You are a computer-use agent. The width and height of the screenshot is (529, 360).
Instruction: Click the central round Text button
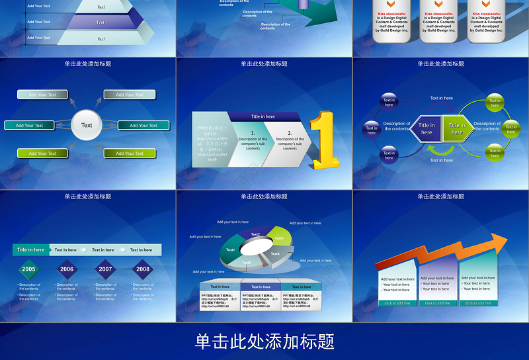coord(87,125)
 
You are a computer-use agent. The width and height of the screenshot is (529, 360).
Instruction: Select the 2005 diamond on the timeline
coord(28,269)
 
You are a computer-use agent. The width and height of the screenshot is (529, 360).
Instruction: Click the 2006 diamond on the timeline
coord(67,269)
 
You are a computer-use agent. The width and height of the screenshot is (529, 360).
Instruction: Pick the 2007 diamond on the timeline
coord(105,269)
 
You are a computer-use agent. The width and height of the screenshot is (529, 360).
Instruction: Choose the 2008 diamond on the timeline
coord(143,269)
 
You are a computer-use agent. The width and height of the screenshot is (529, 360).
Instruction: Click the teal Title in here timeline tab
coord(31,250)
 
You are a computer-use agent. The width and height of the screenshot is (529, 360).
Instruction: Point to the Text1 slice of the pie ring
coord(230,249)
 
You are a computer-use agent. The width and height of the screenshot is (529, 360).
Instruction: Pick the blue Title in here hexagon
coord(427,128)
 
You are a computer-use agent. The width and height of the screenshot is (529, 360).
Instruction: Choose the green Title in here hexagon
coord(458,128)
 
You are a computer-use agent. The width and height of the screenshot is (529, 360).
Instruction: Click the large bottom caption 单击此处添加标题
coord(264,341)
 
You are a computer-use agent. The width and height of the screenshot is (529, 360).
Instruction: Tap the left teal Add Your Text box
coord(29,125)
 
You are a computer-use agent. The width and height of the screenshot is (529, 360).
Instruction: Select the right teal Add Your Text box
coord(143,125)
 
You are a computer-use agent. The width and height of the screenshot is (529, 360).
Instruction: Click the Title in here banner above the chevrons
coord(263,116)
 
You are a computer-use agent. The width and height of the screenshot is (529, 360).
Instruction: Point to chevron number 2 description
coord(290,140)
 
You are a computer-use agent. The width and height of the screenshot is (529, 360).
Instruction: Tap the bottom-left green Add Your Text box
coord(42,154)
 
